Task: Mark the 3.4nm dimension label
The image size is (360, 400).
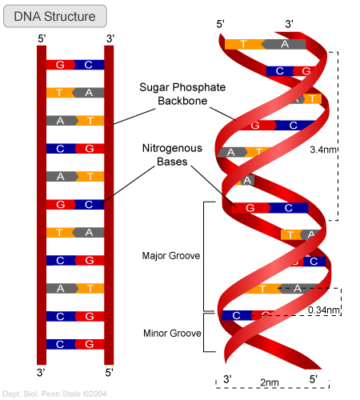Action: tap(322, 148)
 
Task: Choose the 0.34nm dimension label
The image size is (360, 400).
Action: tap(324, 310)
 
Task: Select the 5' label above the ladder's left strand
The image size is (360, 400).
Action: tap(41, 37)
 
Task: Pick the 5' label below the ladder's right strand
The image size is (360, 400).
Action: tap(110, 373)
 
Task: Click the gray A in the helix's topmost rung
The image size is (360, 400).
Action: tap(286, 44)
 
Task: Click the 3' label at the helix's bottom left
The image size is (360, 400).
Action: tap(227, 378)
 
